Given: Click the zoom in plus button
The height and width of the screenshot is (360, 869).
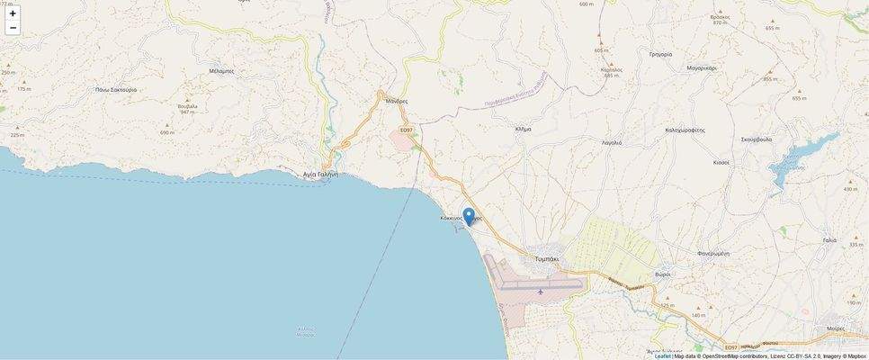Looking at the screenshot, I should (x=13, y=13).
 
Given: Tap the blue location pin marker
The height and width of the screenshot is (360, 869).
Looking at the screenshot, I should (x=469, y=216).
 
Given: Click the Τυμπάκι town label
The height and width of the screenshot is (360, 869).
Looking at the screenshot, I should (x=547, y=258).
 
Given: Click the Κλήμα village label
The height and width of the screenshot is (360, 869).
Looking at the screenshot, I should (x=523, y=129).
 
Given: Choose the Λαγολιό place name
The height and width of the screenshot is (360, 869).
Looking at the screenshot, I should (x=612, y=142).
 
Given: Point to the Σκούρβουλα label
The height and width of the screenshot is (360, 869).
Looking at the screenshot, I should (x=757, y=139).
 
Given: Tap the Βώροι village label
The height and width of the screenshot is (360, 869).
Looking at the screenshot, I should (x=663, y=274).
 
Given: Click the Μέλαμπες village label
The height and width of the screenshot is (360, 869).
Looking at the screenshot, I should (x=221, y=70).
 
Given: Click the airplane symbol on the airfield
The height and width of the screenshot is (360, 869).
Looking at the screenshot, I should (x=540, y=291).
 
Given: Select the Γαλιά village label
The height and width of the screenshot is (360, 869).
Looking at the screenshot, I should (x=829, y=240).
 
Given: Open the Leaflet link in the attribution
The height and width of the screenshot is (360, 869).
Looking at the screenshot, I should (x=662, y=355).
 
